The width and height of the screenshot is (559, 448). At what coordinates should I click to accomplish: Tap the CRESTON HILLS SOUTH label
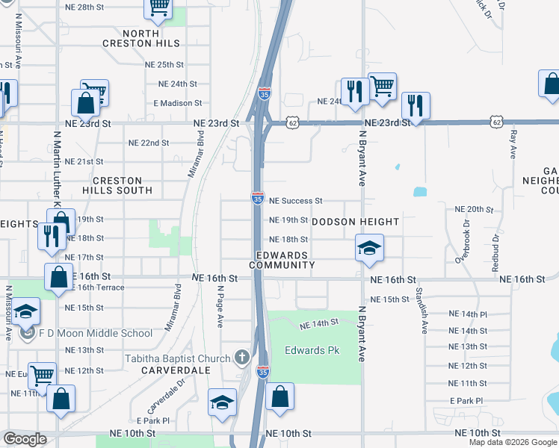coord(122,185)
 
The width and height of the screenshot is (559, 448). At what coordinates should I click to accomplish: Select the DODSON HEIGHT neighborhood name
coord(355,222)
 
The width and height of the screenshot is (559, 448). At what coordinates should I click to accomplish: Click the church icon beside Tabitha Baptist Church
coord(241,358)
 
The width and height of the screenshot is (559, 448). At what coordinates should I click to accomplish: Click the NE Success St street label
coord(295,201)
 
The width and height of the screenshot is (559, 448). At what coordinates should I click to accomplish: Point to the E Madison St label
coord(178,103)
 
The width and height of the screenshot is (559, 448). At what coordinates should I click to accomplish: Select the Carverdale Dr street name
coord(164,406)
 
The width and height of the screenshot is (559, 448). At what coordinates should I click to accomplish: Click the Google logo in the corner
coord(25,440)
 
